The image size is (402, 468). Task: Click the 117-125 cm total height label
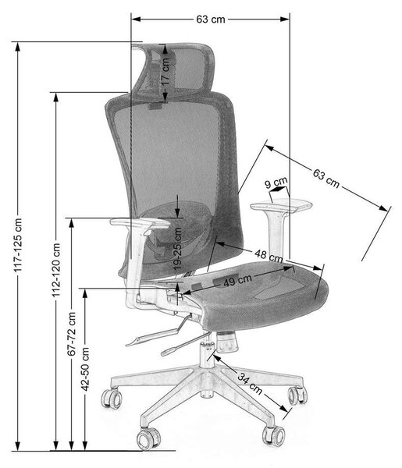(18, 245)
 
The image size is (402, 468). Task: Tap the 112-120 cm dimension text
(56, 271)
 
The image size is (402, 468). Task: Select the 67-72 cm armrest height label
(72, 334)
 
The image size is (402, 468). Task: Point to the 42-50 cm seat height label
(85, 369)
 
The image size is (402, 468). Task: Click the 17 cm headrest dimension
(165, 71)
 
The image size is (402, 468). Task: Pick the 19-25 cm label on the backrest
(178, 249)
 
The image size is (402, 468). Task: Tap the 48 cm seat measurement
(269, 256)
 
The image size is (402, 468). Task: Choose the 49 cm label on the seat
(238, 280)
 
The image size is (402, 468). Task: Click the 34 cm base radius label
(251, 383)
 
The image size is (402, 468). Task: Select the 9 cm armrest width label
(276, 183)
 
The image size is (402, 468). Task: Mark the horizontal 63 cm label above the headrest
(211, 19)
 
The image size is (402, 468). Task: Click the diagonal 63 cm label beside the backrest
(326, 178)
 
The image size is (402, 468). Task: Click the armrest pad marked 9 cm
(281, 206)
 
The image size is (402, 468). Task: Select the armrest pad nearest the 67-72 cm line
(140, 223)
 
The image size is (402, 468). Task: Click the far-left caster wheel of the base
(112, 399)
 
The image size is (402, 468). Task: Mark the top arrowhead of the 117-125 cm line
(18, 47)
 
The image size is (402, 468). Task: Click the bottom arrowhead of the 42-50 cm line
(85, 445)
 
